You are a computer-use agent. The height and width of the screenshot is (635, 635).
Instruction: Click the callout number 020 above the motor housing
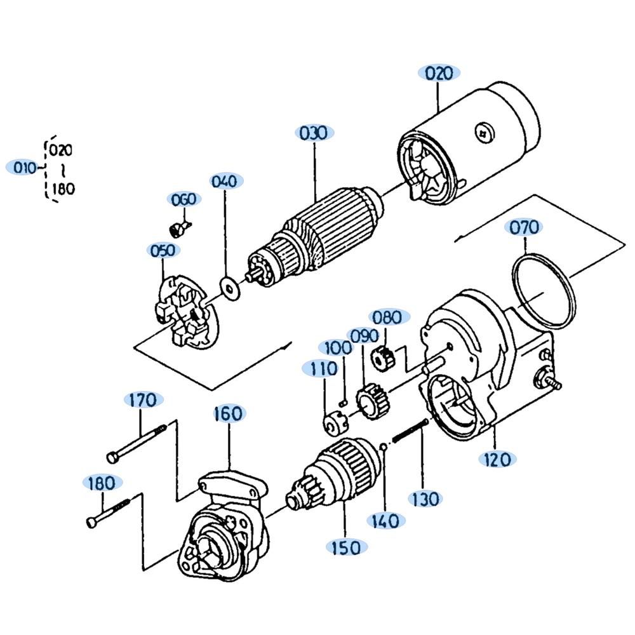pos(439,73)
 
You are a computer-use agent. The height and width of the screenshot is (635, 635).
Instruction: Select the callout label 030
pos(314,133)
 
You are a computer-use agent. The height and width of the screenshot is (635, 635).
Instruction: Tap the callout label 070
pos(525,227)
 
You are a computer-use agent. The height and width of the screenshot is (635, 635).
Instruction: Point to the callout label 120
pos(497,459)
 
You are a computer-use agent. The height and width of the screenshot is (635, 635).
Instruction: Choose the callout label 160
pos(229,414)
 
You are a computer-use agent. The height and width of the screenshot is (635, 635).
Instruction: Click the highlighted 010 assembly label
pos(24,167)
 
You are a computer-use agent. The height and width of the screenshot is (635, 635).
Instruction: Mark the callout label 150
pos(346,548)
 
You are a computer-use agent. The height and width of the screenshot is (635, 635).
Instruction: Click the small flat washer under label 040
pos(230,289)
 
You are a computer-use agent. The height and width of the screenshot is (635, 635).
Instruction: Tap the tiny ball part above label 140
pos(383,446)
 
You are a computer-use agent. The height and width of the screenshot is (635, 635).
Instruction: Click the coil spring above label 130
pos(410,431)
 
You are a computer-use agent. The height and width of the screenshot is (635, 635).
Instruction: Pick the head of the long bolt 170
pos(112,457)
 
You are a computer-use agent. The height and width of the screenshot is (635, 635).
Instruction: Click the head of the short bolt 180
pos(92,523)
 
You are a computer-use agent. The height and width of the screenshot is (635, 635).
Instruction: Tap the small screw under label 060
pos(179,229)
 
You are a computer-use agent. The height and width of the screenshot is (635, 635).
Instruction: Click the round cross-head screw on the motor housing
pos(485,133)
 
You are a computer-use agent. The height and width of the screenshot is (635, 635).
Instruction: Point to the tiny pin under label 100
pos(344,403)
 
